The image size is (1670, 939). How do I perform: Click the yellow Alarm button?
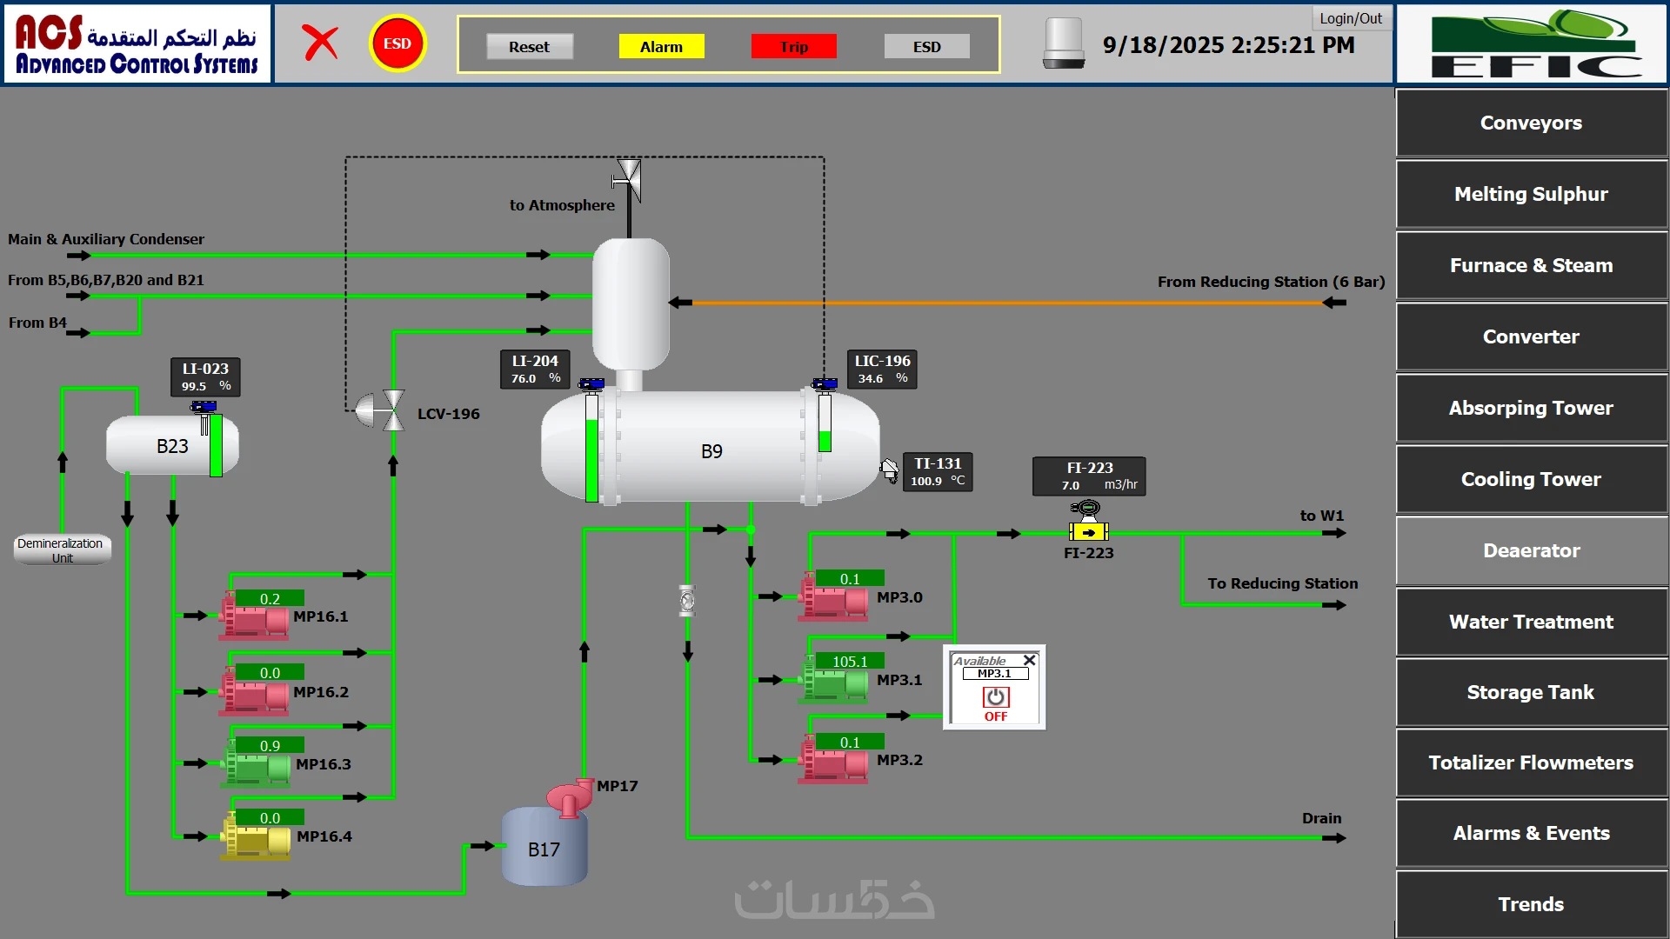661,47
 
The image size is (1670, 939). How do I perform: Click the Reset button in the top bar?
529,47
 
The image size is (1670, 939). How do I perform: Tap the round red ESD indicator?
397,43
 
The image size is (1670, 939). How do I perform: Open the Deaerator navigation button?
1531,550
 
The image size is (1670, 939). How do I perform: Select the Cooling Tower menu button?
1531,479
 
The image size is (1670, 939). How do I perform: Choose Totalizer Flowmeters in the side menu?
1531,763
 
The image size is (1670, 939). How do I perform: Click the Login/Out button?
1350,18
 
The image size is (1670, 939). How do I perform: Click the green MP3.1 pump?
833,683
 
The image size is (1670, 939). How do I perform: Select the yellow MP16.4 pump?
255,839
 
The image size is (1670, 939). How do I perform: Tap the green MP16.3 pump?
255,766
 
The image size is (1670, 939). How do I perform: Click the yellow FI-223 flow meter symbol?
1088,531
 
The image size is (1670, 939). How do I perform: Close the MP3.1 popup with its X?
1029,660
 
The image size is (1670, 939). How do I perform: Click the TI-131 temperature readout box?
938,471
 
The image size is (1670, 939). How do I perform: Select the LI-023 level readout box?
205,376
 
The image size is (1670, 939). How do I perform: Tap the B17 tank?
544,848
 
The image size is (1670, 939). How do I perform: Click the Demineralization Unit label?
62,549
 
